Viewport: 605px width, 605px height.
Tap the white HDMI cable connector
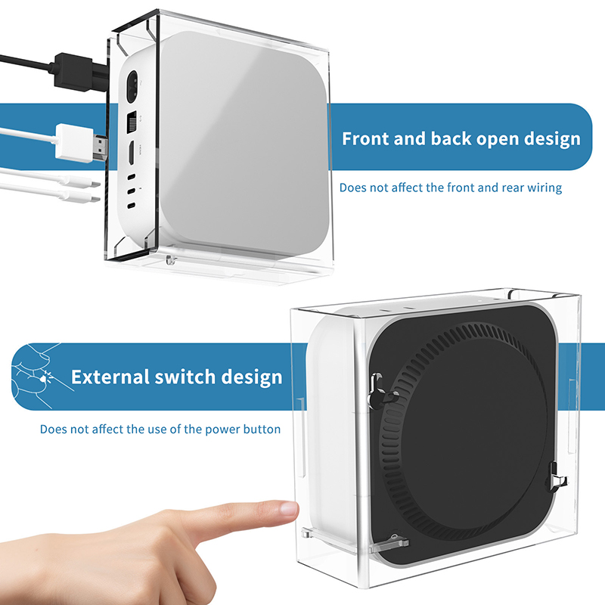82,143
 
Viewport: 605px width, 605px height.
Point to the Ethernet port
132,123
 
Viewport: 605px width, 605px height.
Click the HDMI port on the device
131,154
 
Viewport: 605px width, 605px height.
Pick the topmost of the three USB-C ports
132,177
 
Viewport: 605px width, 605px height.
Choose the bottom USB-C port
132,206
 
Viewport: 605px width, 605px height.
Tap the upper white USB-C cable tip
82,183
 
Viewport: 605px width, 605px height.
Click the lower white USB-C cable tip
82,197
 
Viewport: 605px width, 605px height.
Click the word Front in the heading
365,138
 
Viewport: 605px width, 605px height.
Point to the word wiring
544,188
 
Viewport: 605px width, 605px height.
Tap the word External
110,377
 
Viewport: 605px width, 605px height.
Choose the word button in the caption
262,429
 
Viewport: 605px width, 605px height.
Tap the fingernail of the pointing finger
290,507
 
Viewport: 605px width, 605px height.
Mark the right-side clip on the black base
556,477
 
